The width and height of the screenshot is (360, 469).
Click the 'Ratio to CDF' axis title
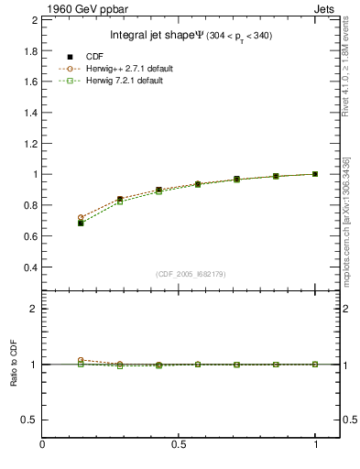[x=13, y=364]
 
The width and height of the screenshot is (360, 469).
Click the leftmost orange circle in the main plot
[x=82, y=217]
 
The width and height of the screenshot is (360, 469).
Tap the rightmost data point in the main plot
[x=315, y=174]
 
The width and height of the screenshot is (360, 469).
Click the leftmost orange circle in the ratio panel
[x=82, y=360]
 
